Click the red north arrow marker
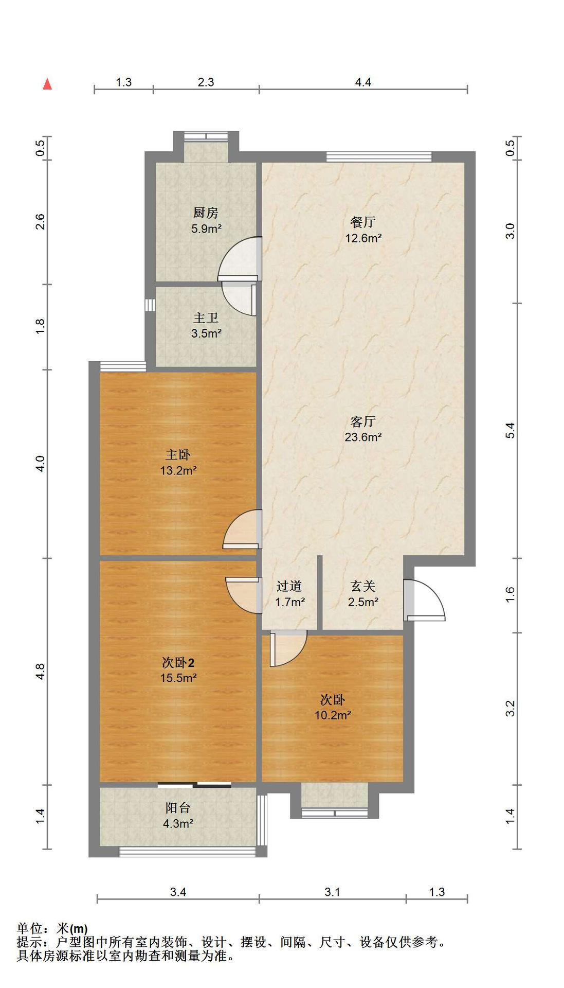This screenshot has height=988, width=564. pos(47,84)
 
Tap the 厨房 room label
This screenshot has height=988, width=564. pos(206,213)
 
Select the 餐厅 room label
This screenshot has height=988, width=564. pos(363,222)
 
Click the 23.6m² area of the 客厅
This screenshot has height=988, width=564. pos(363,437)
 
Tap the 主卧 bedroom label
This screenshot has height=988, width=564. pos(178,455)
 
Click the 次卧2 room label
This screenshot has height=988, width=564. pos(178,663)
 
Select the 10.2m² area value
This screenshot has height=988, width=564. pos(333,715)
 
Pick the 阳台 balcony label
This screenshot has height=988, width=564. pos(178,808)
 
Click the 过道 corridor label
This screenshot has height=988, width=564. pos(289,586)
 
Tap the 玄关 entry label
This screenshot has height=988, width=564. pos(363,586)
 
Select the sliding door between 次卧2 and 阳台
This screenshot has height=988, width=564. pos(194,785)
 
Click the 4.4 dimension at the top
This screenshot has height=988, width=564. pos(363,82)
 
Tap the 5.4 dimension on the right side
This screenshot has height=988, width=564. pos(510,430)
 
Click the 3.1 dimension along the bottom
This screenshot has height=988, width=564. pos(332,892)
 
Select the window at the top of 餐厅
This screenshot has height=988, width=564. pos(379,156)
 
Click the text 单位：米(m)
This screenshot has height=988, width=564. pos(52,929)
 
